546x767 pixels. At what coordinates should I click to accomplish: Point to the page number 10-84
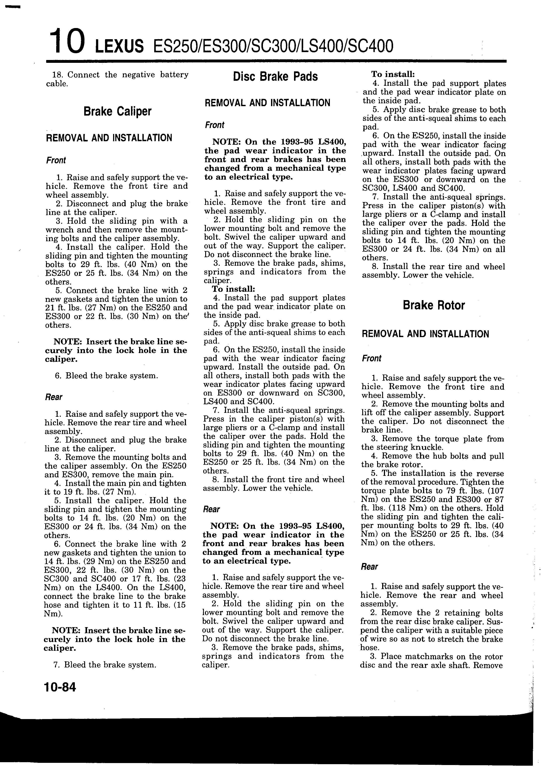point(60,687)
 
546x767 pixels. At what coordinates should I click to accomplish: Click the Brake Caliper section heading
point(117,111)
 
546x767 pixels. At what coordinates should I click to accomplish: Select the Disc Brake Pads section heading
point(275,77)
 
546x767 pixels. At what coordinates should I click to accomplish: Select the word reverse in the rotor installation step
point(491,474)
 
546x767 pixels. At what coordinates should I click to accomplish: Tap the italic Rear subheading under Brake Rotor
point(369,567)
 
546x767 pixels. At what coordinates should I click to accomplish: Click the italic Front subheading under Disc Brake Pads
point(214,125)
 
